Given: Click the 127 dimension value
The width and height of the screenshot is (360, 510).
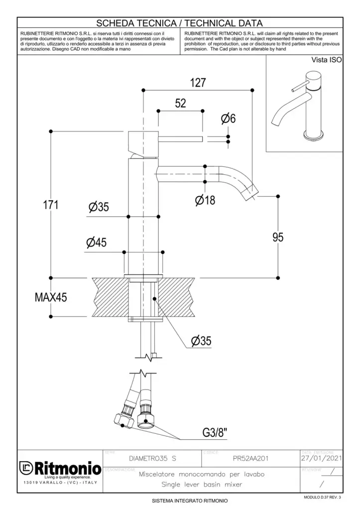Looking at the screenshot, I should (198, 83).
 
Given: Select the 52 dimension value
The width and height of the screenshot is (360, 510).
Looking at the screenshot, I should (180, 103).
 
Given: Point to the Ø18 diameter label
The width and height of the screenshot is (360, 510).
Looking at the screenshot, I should (205, 200).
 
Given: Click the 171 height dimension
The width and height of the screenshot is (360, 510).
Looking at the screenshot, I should (49, 205).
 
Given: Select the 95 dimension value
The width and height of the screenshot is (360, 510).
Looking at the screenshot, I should (278, 237).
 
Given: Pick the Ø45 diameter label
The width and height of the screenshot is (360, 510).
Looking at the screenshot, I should (96, 243).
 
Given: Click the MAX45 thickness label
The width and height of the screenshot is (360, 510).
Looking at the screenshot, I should (50, 297).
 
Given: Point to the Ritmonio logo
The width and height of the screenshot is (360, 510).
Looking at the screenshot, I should (60, 468).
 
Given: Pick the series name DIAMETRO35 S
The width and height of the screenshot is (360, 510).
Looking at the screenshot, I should (152, 458).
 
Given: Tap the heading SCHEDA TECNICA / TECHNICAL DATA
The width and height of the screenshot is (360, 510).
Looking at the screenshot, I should (179, 23).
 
